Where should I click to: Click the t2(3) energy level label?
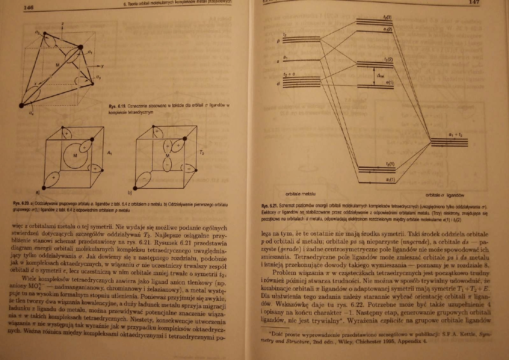pos(389,17)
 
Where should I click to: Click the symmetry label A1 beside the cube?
pos(110,152)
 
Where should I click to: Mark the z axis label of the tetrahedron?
pos(62,25)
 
